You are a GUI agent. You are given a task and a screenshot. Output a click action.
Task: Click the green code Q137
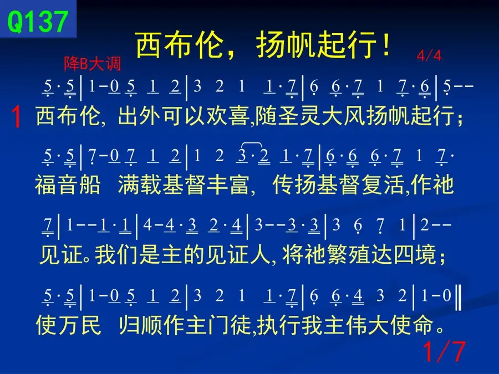pos(38,21)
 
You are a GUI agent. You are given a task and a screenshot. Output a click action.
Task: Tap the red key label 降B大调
pos(93,64)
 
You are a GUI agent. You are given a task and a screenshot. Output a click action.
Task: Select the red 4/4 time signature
pos(429,55)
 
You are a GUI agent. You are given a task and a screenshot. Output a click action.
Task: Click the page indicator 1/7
pos(444,351)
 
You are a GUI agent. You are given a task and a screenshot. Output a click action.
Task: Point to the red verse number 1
pos(16,117)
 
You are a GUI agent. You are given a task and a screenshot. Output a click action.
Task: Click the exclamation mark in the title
pos(386,45)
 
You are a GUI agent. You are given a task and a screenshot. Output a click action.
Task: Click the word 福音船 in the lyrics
pos(68,185)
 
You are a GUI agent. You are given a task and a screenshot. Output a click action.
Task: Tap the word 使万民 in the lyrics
pos(68,325)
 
